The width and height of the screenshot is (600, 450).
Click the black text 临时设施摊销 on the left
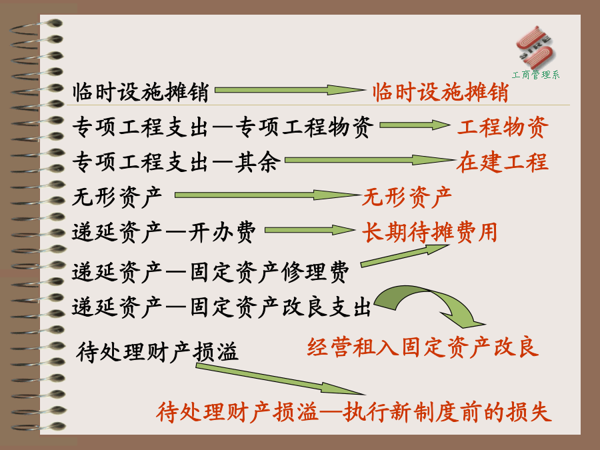(x=141, y=92)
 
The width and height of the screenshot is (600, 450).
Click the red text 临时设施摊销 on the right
(x=441, y=92)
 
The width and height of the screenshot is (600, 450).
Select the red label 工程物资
(x=503, y=127)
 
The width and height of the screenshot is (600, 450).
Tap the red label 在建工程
(x=503, y=161)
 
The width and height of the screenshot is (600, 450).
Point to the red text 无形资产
(x=407, y=197)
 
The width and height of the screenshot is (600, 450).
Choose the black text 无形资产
(x=117, y=197)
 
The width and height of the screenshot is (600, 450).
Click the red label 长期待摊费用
(x=429, y=232)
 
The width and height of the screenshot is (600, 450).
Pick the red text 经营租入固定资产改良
(x=423, y=347)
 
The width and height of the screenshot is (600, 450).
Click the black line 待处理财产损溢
(x=157, y=351)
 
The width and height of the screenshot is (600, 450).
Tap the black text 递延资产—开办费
(x=164, y=232)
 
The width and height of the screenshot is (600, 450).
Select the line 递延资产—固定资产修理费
(x=211, y=272)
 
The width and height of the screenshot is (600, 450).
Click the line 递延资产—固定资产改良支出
(x=221, y=307)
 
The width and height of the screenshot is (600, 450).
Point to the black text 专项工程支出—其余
(x=177, y=161)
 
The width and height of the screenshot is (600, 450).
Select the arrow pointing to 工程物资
(x=415, y=125)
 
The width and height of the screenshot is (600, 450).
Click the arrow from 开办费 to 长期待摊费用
(x=310, y=230)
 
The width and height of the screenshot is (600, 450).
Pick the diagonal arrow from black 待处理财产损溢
(x=281, y=379)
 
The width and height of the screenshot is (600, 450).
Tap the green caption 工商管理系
(x=536, y=75)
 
